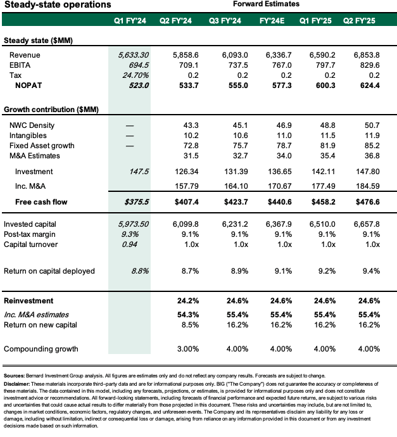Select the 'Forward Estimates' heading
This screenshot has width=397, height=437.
267,4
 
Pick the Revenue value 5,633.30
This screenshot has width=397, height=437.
133,55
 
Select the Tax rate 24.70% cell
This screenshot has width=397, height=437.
134,75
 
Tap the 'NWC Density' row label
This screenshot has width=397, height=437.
26,126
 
